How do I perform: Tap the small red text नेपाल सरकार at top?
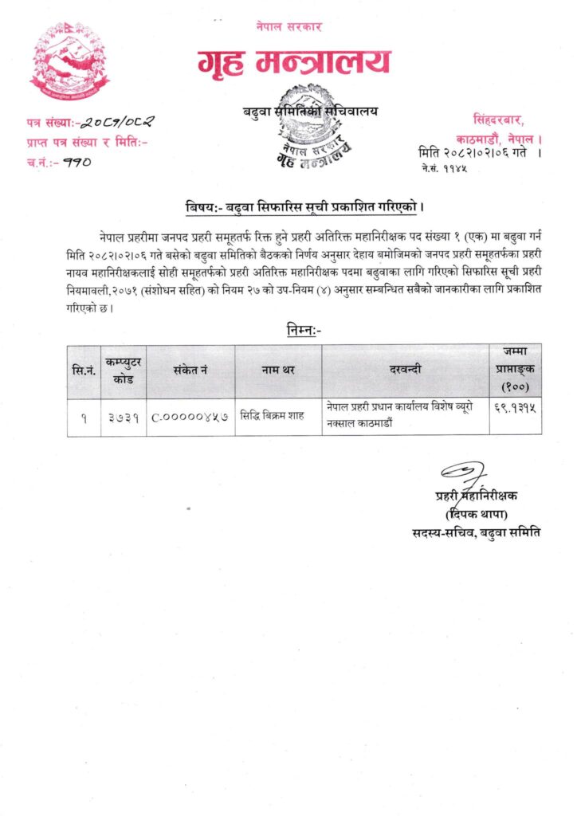(x=288, y=27)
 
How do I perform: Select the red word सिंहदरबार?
(x=497, y=120)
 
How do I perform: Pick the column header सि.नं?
(x=83, y=371)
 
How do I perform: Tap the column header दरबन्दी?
(x=405, y=371)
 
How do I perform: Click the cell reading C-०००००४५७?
(x=190, y=418)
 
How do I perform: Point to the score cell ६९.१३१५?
(x=515, y=406)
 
